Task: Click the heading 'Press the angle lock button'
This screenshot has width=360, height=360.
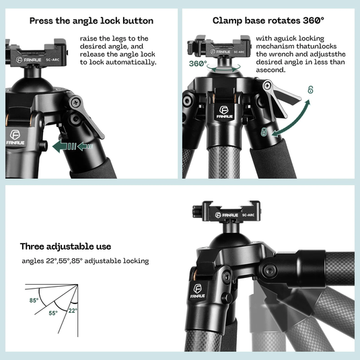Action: [91, 21]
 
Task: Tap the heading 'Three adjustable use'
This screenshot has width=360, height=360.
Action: [65, 246]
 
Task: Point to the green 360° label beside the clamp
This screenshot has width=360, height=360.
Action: [198, 64]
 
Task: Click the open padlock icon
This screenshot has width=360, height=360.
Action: [311, 89]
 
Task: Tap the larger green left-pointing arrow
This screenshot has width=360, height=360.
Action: [64, 145]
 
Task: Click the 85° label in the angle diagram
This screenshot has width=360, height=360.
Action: [34, 300]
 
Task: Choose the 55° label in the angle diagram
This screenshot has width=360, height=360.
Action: [52, 313]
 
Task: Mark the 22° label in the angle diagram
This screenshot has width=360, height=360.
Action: [72, 310]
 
